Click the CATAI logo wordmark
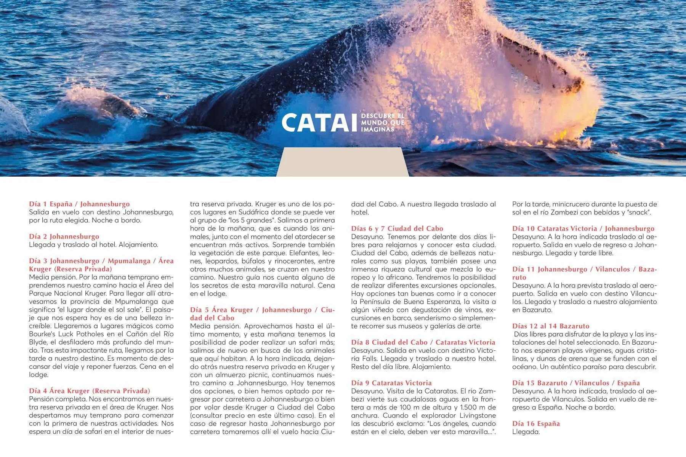click(319, 123)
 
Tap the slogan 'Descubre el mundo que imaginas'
click(382, 123)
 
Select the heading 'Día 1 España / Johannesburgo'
click(79, 204)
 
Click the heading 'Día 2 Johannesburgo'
click(64, 236)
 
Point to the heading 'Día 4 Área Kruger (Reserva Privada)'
click(90, 391)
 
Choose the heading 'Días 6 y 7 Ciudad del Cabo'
click(397, 228)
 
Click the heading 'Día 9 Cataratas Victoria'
click(391, 383)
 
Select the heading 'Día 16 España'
click(536, 423)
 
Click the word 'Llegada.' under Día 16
click(526, 432)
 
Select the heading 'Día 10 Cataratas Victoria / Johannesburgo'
click(583, 228)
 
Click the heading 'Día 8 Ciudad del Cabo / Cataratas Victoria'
click(423, 342)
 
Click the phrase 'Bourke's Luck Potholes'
click(66, 334)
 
